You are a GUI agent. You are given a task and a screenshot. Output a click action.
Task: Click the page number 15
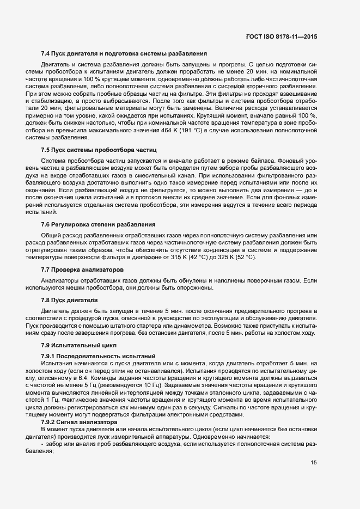(313, 463)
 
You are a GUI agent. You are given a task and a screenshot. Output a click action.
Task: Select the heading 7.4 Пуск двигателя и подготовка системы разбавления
(124, 54)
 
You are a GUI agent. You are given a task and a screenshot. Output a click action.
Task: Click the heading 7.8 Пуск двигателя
(69, 299)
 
